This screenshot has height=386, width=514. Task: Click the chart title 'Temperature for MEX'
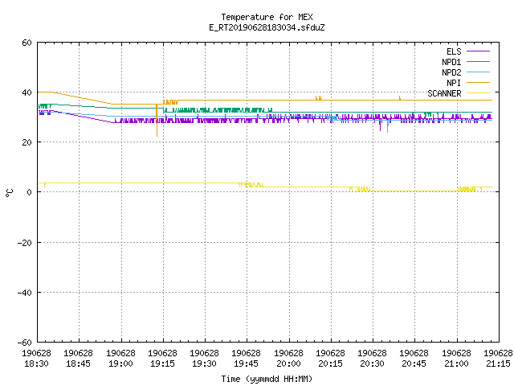coord(267,17)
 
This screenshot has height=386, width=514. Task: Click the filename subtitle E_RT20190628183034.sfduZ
coord(267,27)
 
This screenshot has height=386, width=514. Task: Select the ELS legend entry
coord(467,51)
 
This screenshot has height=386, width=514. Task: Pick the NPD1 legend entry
coord(466,62)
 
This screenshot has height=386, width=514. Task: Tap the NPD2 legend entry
coord(466,72)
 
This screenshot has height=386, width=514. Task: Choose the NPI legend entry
coord(467,83)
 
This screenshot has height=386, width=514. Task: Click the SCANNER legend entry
coord(459,93)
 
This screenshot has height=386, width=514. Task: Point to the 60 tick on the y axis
coord(27,43)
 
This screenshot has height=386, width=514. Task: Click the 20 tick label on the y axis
coord(27,142)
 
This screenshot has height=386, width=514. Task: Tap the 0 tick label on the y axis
coord(30,192)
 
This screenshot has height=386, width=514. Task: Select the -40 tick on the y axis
coord(25,293)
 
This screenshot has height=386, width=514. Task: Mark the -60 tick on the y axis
coord(25,343)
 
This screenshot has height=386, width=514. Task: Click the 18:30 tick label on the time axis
coord(36,359)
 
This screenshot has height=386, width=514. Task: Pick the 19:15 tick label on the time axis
coord(162,359)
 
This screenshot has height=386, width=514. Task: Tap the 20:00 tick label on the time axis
coord(288,359)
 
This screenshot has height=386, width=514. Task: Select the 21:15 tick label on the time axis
coord(498,359)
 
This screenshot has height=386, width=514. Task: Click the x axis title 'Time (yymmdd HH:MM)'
coord(267,379)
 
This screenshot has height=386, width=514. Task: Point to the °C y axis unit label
coord(9,193)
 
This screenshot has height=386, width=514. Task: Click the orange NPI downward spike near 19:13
coord(157,121)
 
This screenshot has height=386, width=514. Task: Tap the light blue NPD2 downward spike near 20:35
coord(387,126)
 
